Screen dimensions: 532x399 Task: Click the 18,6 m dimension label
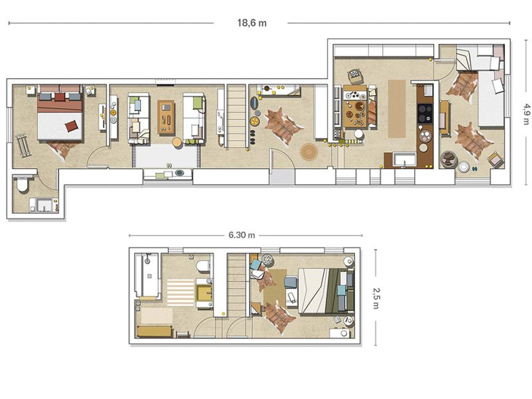(251, 23)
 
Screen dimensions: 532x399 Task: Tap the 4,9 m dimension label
(526, 114)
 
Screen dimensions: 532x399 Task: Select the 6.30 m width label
(242, 235)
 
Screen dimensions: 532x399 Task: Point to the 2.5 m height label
(376, 298)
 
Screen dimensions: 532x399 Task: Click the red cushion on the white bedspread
(72, 126)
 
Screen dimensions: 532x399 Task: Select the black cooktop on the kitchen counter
(425, 113)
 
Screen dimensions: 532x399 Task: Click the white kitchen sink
(404, 160)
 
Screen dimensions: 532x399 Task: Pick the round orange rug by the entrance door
(308, 151)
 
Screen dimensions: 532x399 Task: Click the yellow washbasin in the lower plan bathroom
(205, 293)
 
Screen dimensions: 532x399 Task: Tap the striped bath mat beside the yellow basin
(180, 291)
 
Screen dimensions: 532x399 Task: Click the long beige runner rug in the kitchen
(397, 109)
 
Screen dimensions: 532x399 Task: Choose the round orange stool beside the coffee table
(177, 142)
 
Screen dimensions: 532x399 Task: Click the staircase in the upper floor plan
(236, 115)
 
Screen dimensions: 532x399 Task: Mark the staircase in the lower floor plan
(236, 284)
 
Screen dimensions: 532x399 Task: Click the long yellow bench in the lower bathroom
(155, 332)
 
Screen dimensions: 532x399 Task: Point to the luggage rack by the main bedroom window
(23, 145)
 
